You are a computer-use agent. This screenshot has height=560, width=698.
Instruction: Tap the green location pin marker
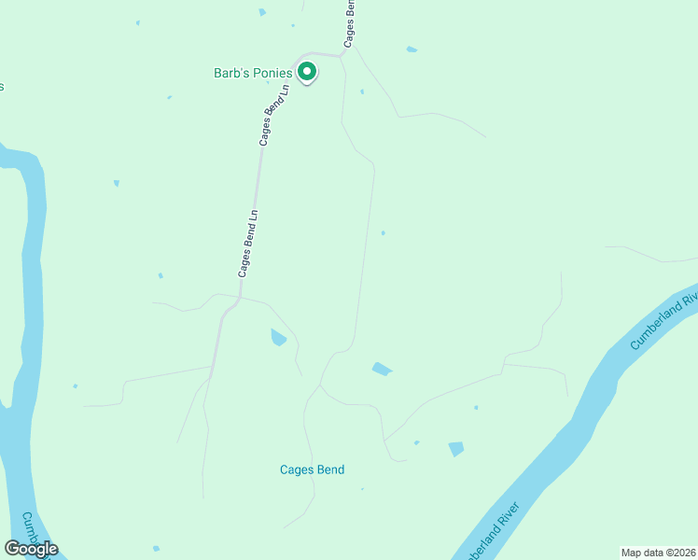coord(307,71)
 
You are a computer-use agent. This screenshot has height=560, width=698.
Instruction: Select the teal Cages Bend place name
coord(312,469)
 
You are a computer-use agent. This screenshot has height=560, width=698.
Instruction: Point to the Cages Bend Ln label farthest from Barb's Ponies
coord(247,244)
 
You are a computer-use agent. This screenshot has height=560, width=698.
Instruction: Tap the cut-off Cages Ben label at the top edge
coord(350,22)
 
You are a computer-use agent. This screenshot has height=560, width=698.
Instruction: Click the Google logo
coord(31,549)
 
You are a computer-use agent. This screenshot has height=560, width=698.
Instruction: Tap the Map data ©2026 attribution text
coord(658,553)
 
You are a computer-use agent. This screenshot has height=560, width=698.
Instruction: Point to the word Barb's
coord(231,72)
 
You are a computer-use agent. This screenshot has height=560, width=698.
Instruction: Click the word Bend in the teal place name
coord(328,469)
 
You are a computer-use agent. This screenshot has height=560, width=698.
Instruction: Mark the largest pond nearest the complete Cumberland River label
coord(455,449)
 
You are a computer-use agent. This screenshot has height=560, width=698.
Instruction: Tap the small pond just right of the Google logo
coord(156,548)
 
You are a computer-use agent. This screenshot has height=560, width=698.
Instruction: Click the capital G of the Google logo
coord(11,549)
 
